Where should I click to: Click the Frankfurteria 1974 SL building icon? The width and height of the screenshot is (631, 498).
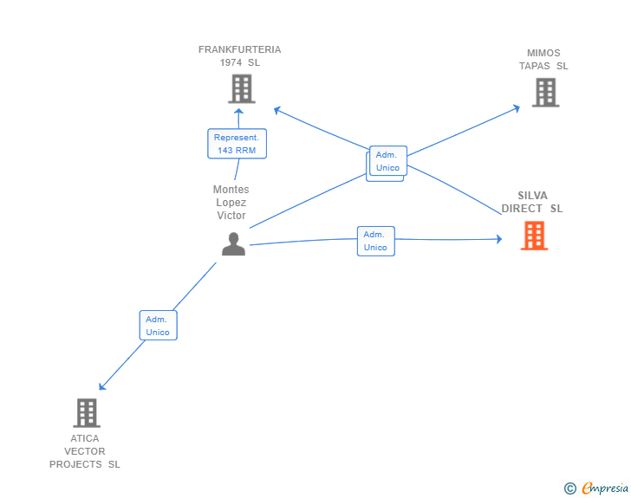pyautogui.click(x=241, y=88)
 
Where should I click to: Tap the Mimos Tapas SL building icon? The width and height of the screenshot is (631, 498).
pyautogui.click(x=545, y=93)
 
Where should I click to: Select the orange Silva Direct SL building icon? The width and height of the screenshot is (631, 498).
pyautogui.click(x=534, y=236)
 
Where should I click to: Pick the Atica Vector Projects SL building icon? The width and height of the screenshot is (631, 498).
pyautogui.click(x=87, y=413)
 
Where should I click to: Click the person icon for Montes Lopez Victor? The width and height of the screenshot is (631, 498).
pyautogui.click(x=233, y=244)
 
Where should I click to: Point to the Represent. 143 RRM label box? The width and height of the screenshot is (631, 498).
pyautogui.click(x=237, y=144)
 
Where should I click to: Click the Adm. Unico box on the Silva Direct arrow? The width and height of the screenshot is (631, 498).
pyautogui.click(x=375, y=241)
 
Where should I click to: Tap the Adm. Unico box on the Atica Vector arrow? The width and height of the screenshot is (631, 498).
pyautogui.click(x=158, y=326)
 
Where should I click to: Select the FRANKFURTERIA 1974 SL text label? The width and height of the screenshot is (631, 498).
pyautogui.click(x=239, y=56)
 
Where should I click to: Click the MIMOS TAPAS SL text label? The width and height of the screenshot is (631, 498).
pyautogui.click(x=543, y=59)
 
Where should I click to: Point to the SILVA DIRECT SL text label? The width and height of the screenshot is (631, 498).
pyautogui.click(x=532, y=202)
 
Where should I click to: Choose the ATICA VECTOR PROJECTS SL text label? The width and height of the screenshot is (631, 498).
pyautogui.click(x=85, y=451)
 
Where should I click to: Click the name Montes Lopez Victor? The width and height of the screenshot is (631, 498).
pyautogui.click(x=231, y=203)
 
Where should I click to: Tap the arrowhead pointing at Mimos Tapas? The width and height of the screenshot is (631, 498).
pyautogui.click(x=517, y=107)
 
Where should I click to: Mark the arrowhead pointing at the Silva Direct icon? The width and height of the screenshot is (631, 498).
pyautogui.click(x=498, y=238)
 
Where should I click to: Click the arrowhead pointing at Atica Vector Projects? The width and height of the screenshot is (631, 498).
pyautogui.click(x=102, y=386)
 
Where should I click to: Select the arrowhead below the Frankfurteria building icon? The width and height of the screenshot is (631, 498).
pyautogui.click(x=238, y=111)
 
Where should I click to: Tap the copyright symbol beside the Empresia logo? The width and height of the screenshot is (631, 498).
pyautogui.click(x=569, y=488)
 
